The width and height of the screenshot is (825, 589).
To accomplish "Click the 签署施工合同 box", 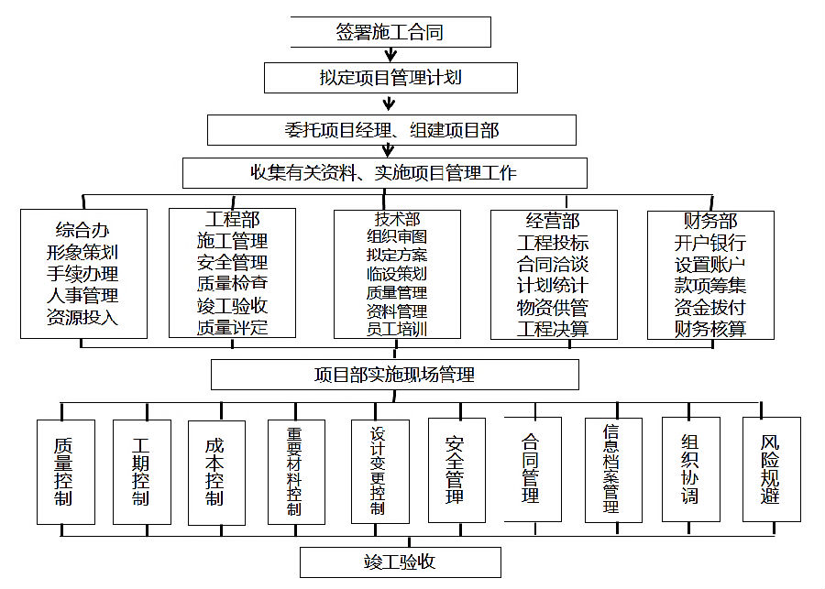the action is (390, 32).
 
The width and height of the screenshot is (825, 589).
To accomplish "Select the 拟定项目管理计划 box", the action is (390, 78).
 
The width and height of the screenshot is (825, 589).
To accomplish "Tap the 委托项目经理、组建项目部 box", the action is (391, 130).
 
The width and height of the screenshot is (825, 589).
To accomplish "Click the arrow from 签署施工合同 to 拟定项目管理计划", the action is (390, 55).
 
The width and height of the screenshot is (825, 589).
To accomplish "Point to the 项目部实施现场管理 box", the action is (394, 375).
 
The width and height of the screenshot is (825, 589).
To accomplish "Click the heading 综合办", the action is (82, 230).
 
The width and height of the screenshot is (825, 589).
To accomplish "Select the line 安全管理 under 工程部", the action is (232, 262).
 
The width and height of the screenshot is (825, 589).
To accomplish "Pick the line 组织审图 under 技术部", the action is (397, 236).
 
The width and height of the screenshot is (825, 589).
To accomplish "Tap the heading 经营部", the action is (553, 221).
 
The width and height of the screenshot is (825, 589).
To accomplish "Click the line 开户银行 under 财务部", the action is (710, 243).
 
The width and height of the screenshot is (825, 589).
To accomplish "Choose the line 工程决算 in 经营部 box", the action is (553, 329).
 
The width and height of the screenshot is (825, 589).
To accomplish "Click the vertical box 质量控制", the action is (66, 472).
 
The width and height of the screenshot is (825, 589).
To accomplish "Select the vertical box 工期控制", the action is (142, 472).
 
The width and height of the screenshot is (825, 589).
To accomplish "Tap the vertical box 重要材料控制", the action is (296, 472).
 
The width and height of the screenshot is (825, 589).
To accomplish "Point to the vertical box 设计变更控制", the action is (379, 471).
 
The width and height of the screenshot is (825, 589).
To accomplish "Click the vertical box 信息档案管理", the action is (613, 470).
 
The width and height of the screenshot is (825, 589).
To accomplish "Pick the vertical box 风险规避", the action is (771, 469).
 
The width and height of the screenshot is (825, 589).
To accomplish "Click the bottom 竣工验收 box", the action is (401, 562).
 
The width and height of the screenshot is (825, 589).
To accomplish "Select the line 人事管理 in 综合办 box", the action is (82, 295).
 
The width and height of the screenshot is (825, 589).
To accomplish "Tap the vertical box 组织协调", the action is (691, 469).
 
